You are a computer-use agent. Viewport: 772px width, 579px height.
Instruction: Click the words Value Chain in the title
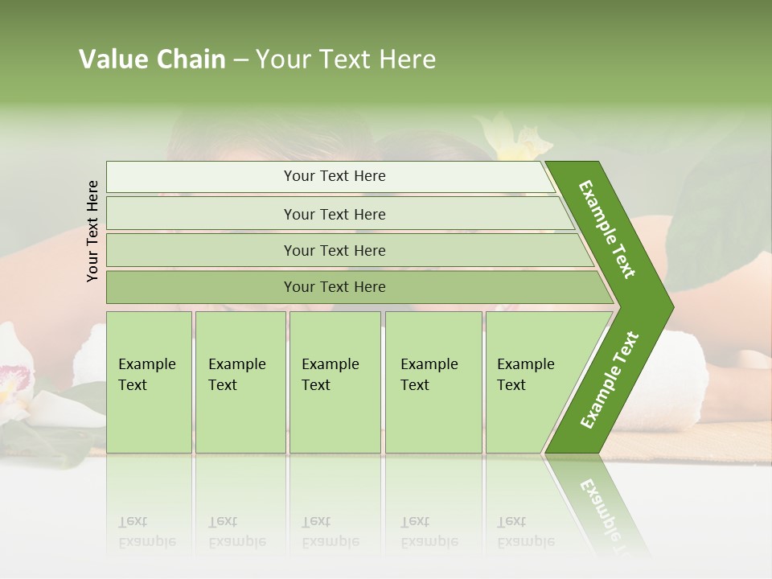(152, 60)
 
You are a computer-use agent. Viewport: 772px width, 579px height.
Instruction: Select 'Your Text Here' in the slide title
(346, 60)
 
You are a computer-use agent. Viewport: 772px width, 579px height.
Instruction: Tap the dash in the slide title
(240, 60)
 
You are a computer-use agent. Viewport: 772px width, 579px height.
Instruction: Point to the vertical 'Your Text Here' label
(92, 231)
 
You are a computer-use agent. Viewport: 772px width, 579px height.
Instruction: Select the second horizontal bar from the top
(334, 214)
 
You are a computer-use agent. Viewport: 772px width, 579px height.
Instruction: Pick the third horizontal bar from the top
(334, 250)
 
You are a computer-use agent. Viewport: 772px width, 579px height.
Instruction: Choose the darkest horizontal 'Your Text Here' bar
(334, 287)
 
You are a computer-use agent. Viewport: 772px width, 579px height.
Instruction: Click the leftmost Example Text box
(149, 382)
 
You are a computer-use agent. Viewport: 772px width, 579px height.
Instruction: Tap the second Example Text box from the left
(240, 382)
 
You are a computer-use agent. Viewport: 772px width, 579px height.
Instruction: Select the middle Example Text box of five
(335, 382)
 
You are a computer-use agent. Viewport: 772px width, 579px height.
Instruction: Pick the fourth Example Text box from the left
(433, 382)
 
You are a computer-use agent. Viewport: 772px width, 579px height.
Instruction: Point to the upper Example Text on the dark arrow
(607, 229)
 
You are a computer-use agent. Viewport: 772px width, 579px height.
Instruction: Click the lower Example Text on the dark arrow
(610, 380)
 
